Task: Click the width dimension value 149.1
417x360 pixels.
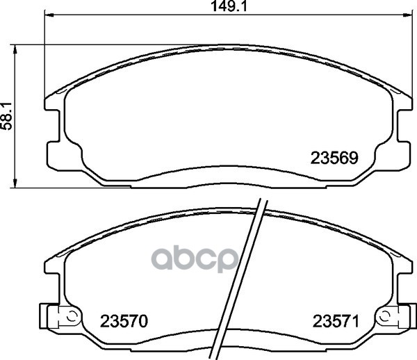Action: [x=229, y=6]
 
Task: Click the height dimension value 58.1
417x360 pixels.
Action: [x=6, y=116]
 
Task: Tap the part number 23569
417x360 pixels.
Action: [x=334, y=158]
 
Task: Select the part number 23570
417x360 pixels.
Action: [x=124, y=321]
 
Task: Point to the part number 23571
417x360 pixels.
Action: [x=336, y=321]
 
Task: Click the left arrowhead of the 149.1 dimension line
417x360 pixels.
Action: [x=49, y=15]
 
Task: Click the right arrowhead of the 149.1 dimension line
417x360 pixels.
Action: [x=408, y=15]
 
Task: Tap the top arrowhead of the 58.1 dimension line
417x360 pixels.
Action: [x=15, y=50]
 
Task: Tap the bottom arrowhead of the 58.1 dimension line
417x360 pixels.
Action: [x=15, y=183]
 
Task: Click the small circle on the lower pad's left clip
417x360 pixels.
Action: [x=72, y=316]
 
